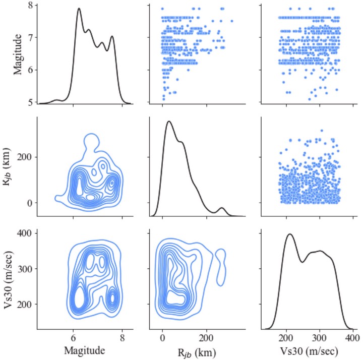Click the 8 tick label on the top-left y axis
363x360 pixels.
(x=31, y=5)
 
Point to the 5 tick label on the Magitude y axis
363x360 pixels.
(x=31, y=102)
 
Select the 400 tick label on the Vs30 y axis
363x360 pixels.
(x=24, y=233)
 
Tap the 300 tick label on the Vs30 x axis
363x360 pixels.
(x=320, y=338)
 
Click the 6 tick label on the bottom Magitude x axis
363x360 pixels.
(x=73, y=338)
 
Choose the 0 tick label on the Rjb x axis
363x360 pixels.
(x=162, y=338)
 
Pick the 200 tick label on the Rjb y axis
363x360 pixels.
(x=24, y=157)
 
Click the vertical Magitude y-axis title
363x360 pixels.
(x=18, y=54)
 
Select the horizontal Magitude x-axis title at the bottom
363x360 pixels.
(x=85, y=351)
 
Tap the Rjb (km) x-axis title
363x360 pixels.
(x=197, y=352)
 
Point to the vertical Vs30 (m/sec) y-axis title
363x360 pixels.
(x=9, y=279)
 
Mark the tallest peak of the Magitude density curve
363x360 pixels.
(x=79, y=9)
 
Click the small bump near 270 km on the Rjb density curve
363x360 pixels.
(x=222, y=208)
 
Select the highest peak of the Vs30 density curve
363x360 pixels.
(x=290, y=234)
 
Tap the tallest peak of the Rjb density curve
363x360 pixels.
(x=169, y=122)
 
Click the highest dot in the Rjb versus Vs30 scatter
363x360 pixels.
(x=322, y=131)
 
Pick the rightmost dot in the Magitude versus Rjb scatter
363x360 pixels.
(x=232, y=21)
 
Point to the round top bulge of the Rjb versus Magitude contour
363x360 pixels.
(x=92, y=134)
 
